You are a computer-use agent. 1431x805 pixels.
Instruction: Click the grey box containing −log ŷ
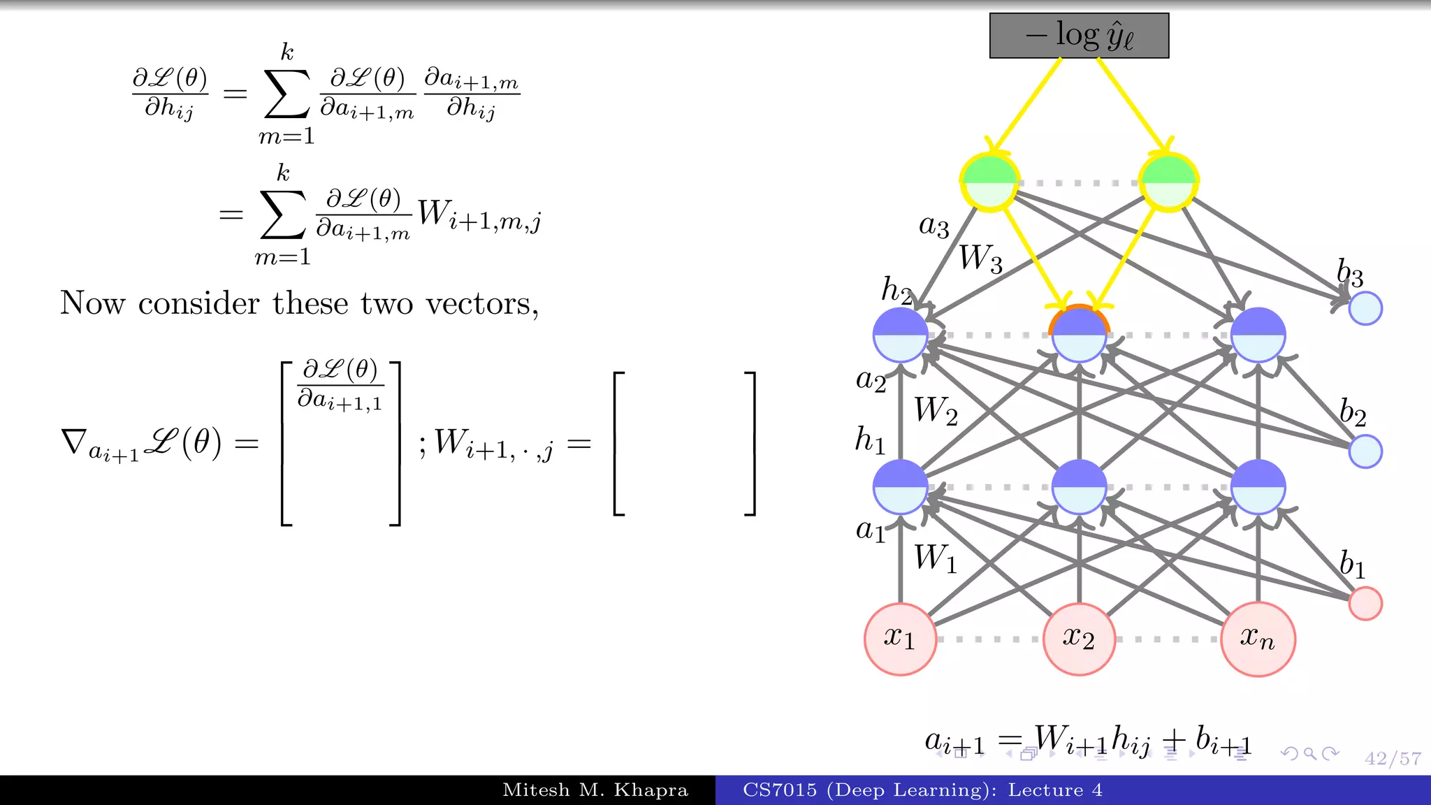tap(1079, 36)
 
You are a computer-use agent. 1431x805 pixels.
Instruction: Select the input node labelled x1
tap(900, 639)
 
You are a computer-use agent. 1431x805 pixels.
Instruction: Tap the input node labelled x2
tap(1079, 639)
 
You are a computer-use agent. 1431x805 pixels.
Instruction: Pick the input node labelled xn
tap(1258, 639)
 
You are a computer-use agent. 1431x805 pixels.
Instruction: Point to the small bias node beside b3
tap(1365, 308)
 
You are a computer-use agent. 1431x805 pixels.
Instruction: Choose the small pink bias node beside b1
tap(1365, 603)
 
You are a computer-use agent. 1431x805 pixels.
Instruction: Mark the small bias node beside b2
tap(1365, 451)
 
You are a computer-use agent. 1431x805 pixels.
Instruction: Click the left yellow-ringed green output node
tap(989, 182)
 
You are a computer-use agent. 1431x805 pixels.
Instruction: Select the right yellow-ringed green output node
tap(1168, 182)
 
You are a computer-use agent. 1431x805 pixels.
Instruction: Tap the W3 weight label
tap(980, 259)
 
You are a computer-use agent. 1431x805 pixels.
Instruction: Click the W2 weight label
tap(936, 410)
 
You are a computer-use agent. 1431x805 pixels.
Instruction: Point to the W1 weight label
tap(936, 559)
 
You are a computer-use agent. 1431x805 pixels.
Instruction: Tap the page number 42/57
tap(1393, 758)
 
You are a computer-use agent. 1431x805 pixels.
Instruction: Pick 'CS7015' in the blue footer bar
tap(780, 790)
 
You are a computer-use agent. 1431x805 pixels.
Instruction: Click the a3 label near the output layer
tap(934, 226)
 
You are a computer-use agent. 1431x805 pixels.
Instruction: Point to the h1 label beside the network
tap(870, 440)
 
